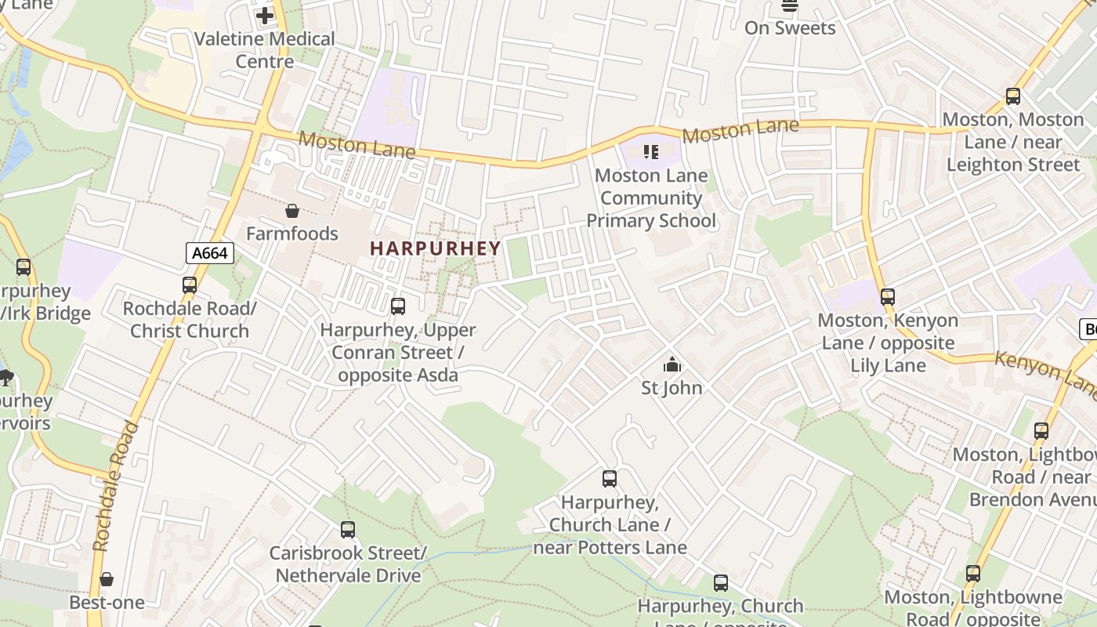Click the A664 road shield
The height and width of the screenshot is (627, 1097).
(x=210, y=252)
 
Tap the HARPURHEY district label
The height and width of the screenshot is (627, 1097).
(x=435, y=248)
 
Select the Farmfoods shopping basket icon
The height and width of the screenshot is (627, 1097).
(x=292, y=211)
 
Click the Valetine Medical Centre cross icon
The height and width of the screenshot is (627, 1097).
(x=265, y=15)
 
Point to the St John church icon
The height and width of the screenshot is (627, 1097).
(x=672, y=364)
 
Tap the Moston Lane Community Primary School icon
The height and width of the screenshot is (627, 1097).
(x=650, y=151)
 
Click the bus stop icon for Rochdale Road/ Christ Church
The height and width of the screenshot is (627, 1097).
(x=190, y=285)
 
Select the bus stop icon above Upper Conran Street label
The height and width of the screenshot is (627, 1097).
(x=398, y=306)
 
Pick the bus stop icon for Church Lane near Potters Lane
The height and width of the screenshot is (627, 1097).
(x=610, y=479)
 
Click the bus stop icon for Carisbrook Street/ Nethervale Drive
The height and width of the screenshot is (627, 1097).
(x=348, y=530)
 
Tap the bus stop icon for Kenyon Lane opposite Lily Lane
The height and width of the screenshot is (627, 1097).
(x=887, y=297)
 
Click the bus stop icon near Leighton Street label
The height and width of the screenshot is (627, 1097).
(x=1013, y=96)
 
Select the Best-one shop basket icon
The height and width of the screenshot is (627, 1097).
(x=107, y=579)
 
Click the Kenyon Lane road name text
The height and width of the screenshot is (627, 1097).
(x=1046, y=375)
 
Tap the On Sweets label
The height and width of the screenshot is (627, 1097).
(x=790, y=28)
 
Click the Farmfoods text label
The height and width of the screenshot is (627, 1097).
(x=292, y=234)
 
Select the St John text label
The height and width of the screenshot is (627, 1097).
(x=672, y=388)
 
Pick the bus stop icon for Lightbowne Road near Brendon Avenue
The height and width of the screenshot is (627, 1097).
(x=1041, y=431)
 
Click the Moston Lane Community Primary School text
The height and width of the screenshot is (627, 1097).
(x=651, y=198)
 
